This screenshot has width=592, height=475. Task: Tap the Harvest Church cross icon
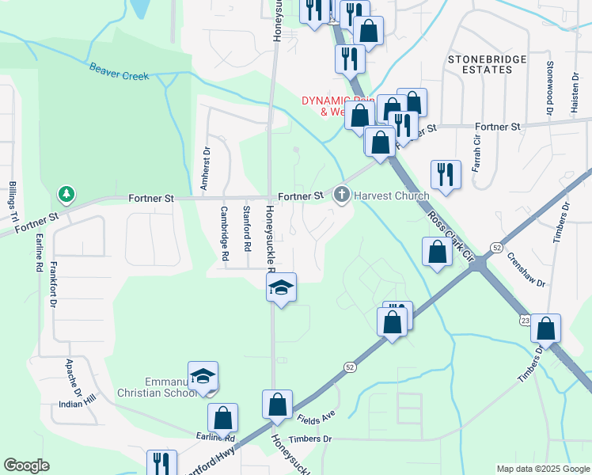(x=342, y=195)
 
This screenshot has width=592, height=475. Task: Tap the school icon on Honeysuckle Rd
(x=281, y=288)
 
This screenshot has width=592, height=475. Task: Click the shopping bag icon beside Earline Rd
(x=223, y=418)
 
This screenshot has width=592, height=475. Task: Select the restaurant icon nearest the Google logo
(x=161, y=463)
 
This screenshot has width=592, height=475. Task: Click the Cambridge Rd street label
(x=224, y=234)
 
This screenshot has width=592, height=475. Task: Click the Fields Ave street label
(x=317, y=415)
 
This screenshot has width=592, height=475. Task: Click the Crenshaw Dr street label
(x=522, y=269)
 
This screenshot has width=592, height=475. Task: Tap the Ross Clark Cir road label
(x=449, y=235)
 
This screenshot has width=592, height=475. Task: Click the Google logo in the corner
(x=26, y=465)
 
